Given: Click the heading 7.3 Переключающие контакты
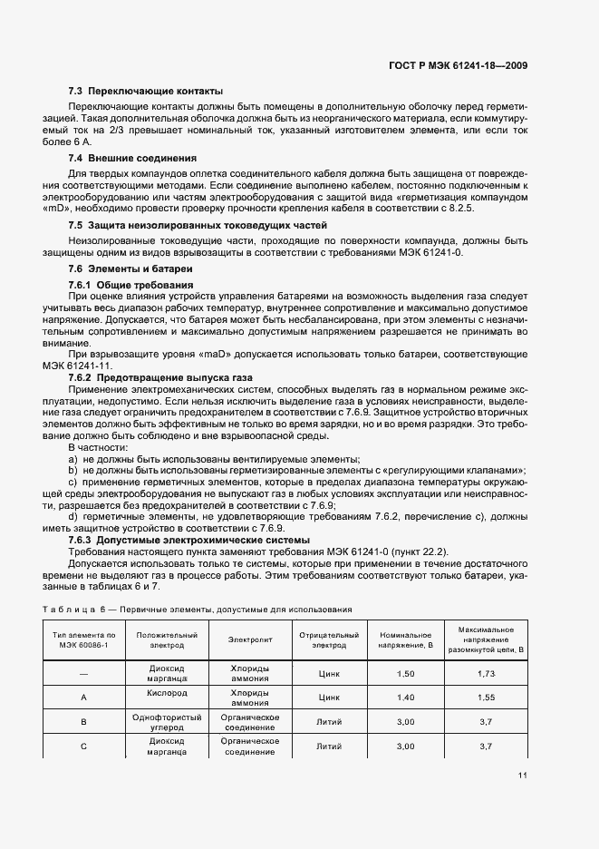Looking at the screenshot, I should pos(146,91).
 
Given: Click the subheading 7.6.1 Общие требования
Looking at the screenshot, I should pos(130,285).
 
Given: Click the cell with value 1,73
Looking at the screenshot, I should pos(487,674).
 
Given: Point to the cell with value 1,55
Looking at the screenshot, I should pos(487,698).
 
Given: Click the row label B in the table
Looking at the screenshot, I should pos(82,721).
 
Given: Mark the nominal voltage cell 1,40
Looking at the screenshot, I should pos(405,698).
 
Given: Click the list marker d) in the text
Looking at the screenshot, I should pos(72,516).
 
